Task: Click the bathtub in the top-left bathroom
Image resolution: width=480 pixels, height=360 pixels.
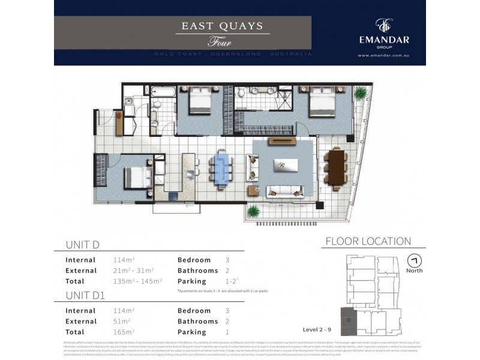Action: pos(163,94)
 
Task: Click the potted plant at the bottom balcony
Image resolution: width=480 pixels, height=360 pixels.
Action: pos(254,211)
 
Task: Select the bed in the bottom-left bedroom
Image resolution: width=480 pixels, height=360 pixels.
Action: pos(134,178)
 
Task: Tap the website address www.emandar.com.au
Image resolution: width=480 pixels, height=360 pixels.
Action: pos(383,56)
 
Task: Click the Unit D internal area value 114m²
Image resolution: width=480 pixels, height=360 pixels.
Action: pos(124,260)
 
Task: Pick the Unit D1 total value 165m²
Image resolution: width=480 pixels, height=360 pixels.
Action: pos(124,332)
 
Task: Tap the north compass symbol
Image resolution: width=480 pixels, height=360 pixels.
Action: pos(413,261)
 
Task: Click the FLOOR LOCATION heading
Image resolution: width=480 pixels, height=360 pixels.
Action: pos(368,242)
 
